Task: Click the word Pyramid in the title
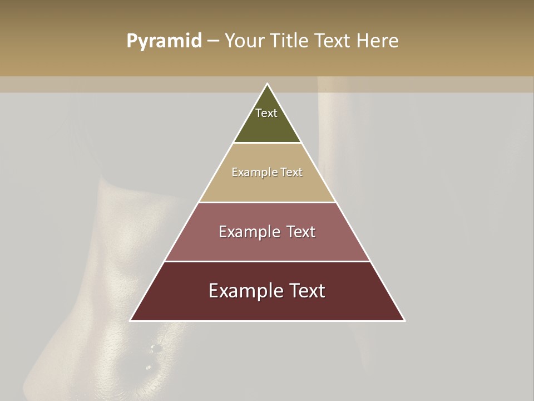tap(164, 41)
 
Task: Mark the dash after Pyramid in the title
tap(213, 41)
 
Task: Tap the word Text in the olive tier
tap(266, 113)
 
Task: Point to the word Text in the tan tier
tap(292, 172)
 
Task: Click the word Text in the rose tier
tap(300, 232)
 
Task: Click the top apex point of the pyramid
tap(267, 84)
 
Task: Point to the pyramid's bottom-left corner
tap(131, 320)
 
